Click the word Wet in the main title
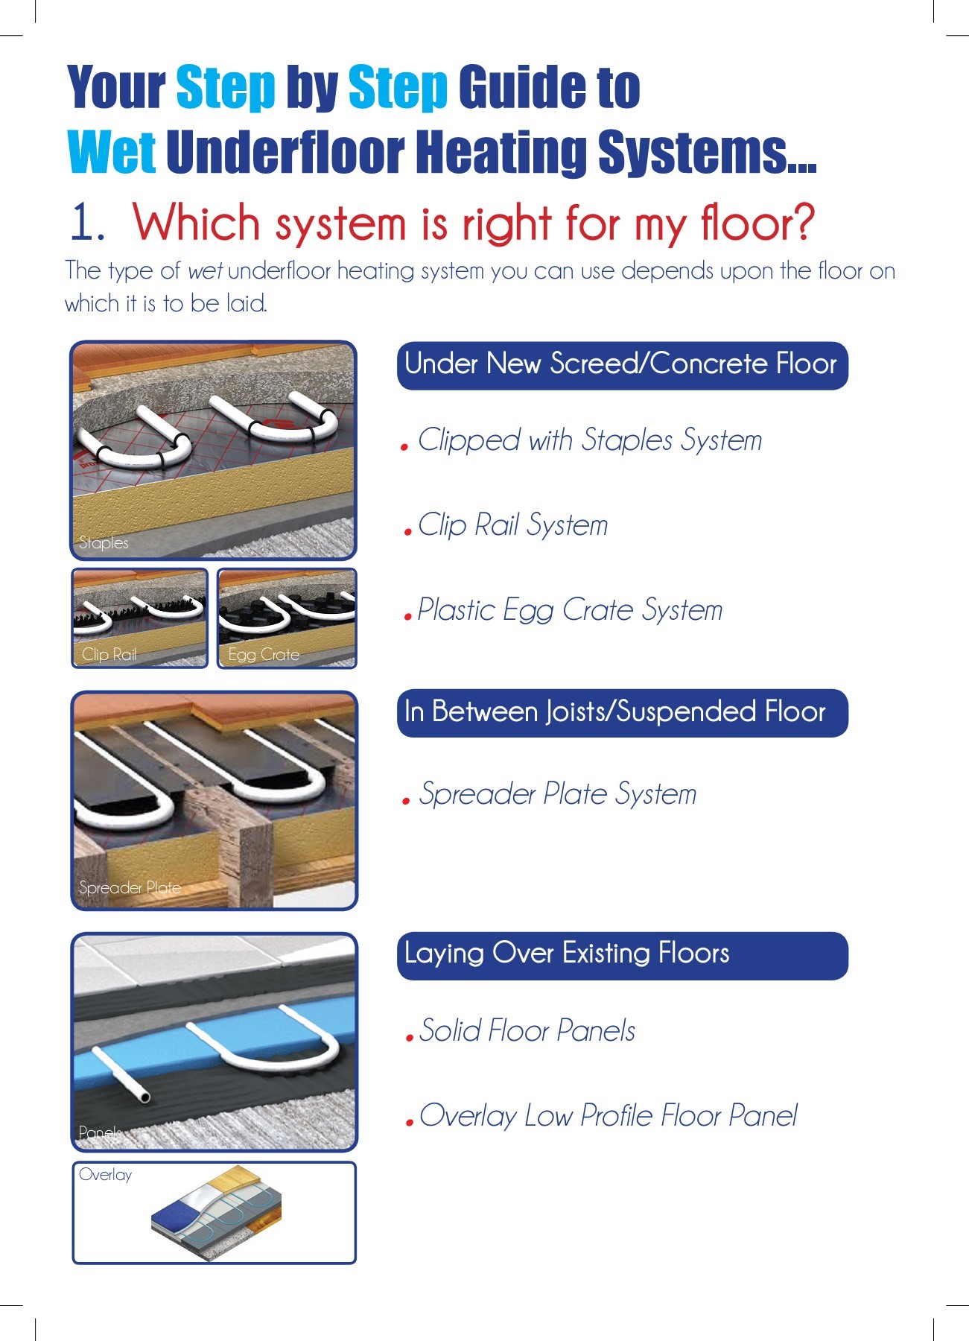112,151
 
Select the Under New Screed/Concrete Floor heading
622,365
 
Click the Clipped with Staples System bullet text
591,440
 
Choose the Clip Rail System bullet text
513,525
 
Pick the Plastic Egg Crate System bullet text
570,610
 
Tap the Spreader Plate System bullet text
558,794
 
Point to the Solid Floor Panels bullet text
527,1031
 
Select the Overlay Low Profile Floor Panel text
608,1116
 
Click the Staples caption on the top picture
104,543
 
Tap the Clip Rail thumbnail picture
140,618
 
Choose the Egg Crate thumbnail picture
287,618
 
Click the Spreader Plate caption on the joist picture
130,888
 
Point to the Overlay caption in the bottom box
105,1175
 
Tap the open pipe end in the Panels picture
145,1097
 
